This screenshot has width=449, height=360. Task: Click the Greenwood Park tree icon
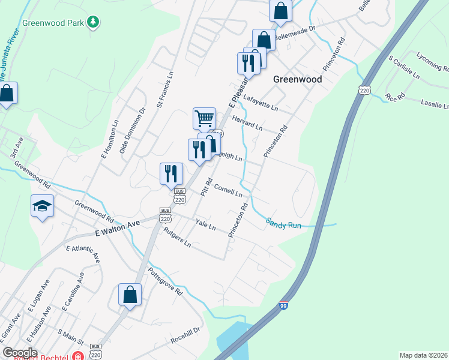pyautogui.click(x=92, y=23)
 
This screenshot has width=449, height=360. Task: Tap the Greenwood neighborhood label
pyautogui.click(x=297, y=79)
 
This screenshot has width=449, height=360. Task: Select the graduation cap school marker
pyautogui.click(x=42, y=206)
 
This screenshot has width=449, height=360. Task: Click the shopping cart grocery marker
pyautogui.click(x=204, y=118)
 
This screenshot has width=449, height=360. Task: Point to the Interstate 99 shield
pyautogui.click(x=284, y=305)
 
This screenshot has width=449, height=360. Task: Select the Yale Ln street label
pyautogui.click(x=205, y=225)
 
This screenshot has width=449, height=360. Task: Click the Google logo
pyautogui.click(x=20, y=353)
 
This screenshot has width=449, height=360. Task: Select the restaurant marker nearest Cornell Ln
pyautogui.click(x=171, y=173)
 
